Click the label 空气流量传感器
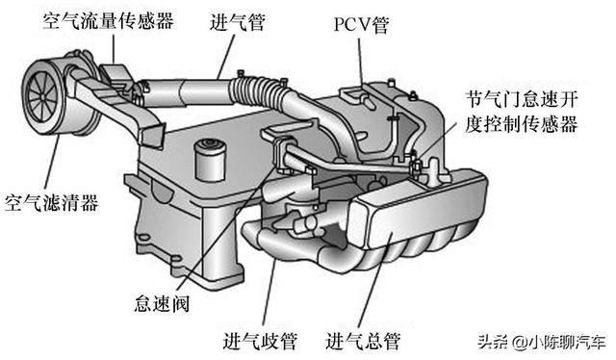click(x=109, y=21)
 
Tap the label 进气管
click(x=238, y=22)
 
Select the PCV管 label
click(x=362, y=25)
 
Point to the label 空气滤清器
click(x=51, y=203)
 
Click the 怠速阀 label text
click(x=163, y=303)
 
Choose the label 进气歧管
click(x=261, y=341)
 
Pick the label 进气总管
click(x=363, y=341)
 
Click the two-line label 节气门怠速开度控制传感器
click(x=522, y=112)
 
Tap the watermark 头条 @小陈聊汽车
click(x=542, y=342)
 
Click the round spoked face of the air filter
click(x=43, y=96)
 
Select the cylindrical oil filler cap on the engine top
click(x=210, y=160)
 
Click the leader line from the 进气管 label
click(x=226, y=56)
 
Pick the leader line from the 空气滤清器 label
click(x=52, y=163)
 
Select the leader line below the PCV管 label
click(x=361, y=61)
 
